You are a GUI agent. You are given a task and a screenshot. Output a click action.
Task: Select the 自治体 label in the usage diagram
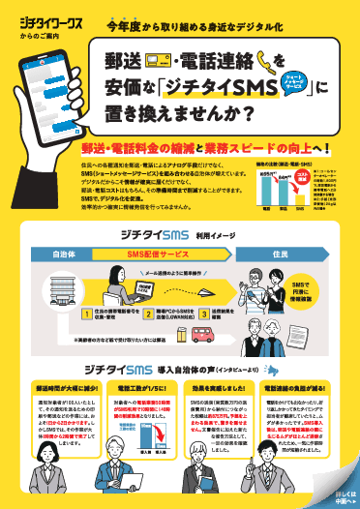64,253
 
